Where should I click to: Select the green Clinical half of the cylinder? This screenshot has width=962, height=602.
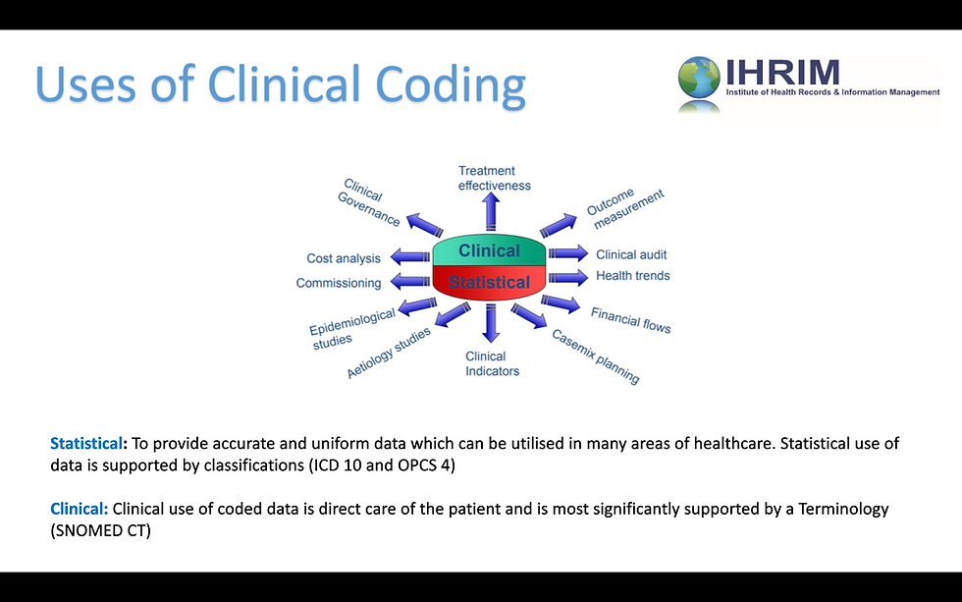tap(489, 250)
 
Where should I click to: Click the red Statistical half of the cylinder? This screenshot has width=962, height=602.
tap(489, 283)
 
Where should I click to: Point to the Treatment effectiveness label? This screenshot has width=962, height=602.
tap(494, 178)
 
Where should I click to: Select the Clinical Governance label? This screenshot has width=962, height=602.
tap(370, 202)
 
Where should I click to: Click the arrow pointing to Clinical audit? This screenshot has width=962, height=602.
tap(566, 253)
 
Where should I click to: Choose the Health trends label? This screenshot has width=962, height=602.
tap(632, 276)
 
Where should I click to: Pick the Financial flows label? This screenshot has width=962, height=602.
tap(630, 319)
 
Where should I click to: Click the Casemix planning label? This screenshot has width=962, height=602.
tap(595, 356)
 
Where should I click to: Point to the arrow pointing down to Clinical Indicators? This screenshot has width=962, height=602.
tap(490, 324)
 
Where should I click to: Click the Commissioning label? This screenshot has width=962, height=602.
tap(339, 284)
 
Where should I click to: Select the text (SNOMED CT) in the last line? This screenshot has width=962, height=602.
tap(101, 530)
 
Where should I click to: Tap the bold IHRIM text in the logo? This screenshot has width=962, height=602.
tap(783, 73)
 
